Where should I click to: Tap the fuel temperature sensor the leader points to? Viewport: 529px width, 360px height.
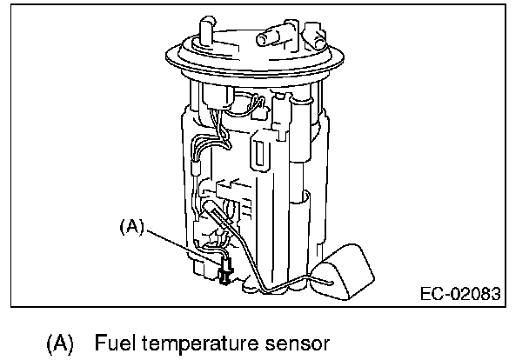(225, 270)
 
